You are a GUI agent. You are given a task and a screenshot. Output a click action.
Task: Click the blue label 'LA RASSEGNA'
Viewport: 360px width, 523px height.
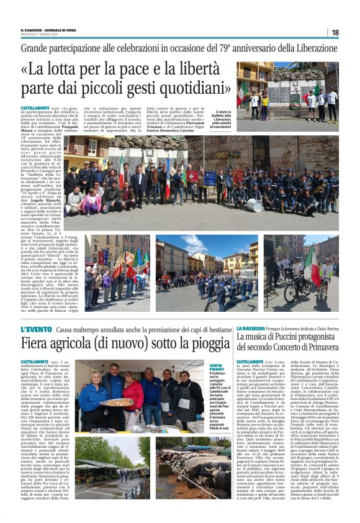coord(251,328)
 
